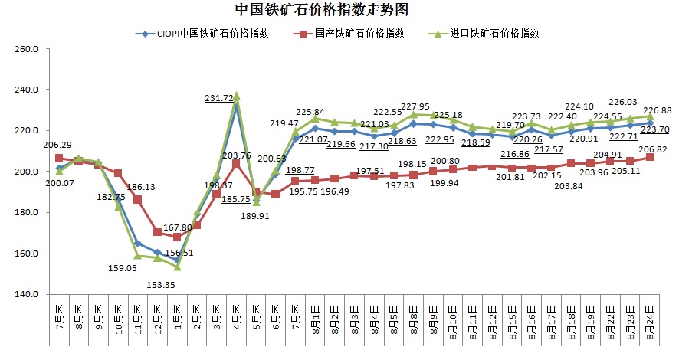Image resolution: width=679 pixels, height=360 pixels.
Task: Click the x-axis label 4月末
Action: [236, 317]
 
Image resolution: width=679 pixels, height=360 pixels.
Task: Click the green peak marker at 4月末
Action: [236, 96]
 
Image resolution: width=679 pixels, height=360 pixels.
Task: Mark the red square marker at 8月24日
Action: [649, 157]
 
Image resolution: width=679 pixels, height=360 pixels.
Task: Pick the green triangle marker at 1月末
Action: [177, 267]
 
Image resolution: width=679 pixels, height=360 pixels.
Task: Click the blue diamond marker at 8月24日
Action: [649, 123]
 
